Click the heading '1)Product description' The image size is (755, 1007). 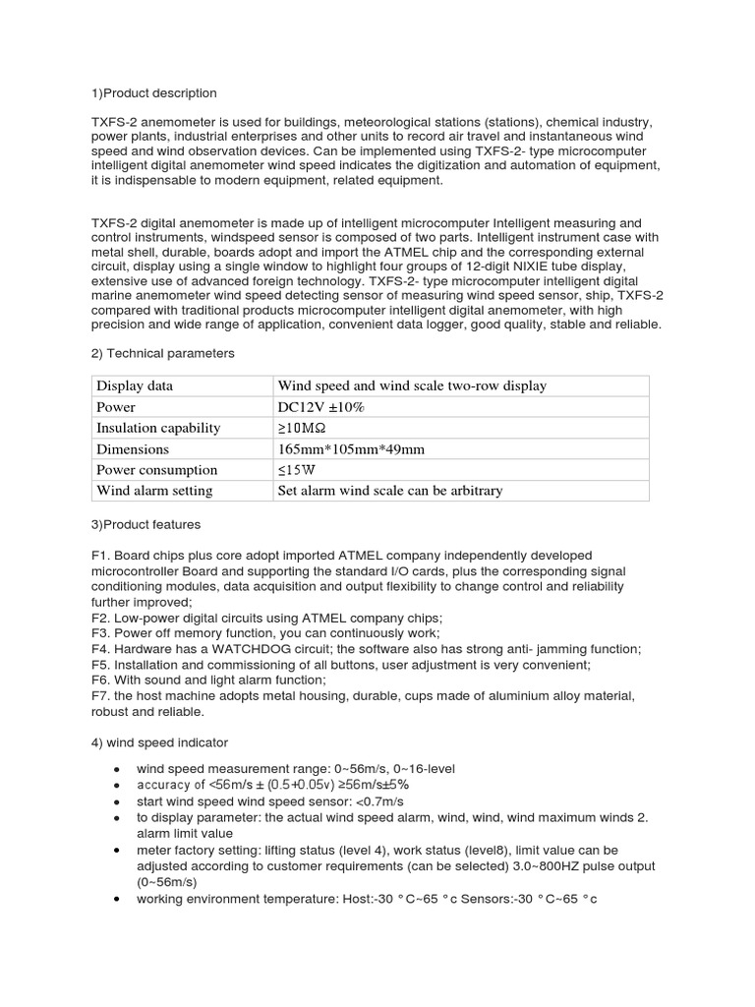coord(153,93)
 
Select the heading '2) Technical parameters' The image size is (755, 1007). coord(162,353)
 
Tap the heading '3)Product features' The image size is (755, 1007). coord(145,524)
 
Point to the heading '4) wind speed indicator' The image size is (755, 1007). coord(159,741)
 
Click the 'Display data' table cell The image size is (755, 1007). coord(135,385)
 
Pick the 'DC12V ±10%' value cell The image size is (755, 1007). coord(323,406)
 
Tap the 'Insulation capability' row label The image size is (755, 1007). coord(158,428)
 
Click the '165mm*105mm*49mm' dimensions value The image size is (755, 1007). coord(351,448)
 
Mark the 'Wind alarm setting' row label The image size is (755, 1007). coord(154,490)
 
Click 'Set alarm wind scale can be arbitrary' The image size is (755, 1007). coord(390,490)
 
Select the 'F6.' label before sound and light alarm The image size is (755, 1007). coord(101,681)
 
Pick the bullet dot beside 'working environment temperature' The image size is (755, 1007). coord(117,899)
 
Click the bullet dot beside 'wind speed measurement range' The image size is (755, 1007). coord(117,768)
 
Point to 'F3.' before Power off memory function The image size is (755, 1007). coord(101,633)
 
